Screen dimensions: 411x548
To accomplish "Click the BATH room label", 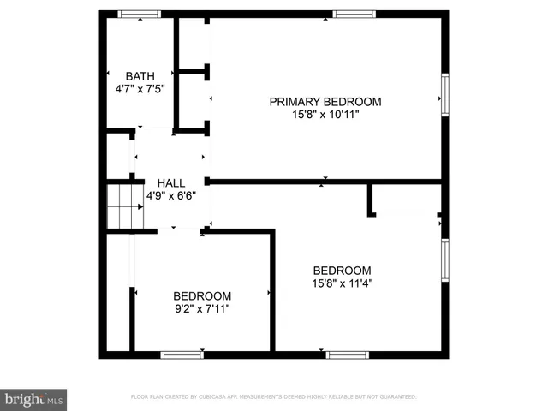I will point(140,75).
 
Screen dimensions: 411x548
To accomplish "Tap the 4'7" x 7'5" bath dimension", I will point(140,88).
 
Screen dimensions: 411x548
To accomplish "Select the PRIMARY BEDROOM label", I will point(325,102).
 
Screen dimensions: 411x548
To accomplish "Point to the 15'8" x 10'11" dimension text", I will point(325,115).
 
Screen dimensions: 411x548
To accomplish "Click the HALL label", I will point(170,182).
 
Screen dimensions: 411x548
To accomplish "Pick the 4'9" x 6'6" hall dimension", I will point(170,195).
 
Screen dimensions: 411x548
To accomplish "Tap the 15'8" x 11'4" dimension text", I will point(342,283).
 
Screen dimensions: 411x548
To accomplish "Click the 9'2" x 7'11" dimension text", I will point(202,308).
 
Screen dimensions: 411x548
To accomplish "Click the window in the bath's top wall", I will point(139,14).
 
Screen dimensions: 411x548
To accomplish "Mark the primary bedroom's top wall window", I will point(354,14).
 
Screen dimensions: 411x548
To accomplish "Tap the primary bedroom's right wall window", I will point(444,94).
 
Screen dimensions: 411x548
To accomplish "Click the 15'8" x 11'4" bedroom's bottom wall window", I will point(348,354).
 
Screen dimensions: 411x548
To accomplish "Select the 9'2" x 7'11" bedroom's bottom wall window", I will point(182,354).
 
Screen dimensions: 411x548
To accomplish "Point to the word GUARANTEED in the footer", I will point(397,397).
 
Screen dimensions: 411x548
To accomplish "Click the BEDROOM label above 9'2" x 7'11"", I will point(202,295).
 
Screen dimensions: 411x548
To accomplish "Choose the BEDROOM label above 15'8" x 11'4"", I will point(342,270).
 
